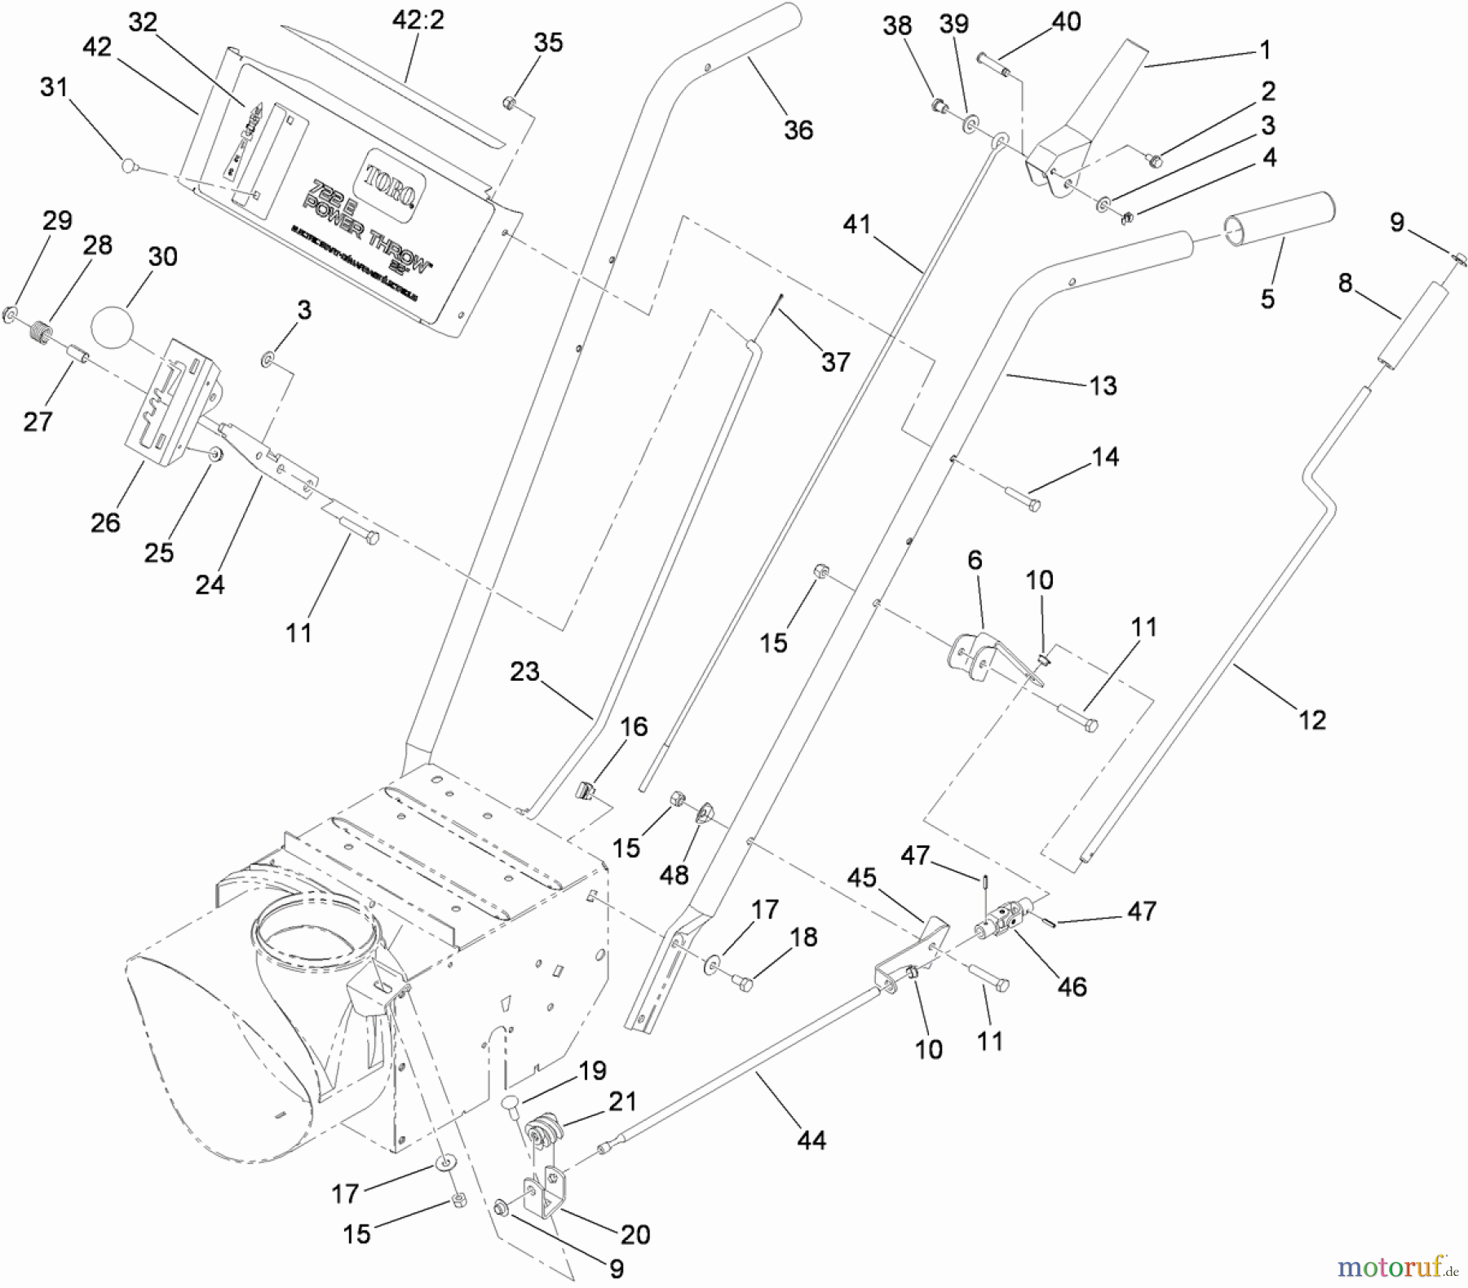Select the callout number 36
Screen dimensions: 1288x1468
click(x=798, y=130)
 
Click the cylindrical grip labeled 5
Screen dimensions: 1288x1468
click(x=1280, y=218)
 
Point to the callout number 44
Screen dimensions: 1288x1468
click(x=811, y=1140)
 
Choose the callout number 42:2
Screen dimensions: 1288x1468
click(x=418, y=20)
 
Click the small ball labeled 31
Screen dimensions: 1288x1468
click(x=128, y=165)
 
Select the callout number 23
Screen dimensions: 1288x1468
click(x=524, y=671)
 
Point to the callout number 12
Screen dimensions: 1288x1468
click(x=1311, y=719)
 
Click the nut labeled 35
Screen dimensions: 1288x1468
click(x=507, y=103)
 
